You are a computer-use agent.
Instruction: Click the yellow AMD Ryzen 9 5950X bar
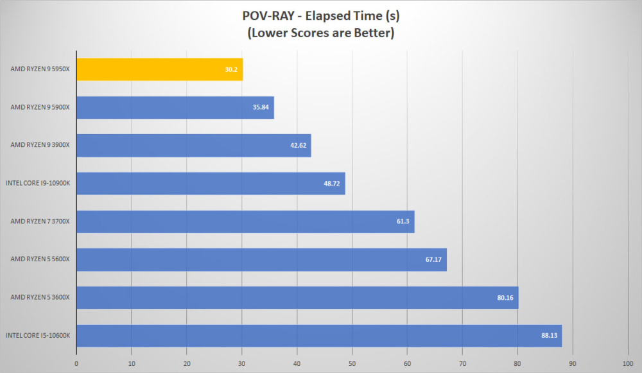click(x=160, y=69)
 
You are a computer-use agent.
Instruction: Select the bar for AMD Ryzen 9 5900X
click(x=175, y=107)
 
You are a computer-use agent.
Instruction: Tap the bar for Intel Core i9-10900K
click(x=211, y=184)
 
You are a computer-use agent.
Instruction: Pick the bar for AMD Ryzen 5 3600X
click(x=298, y=297)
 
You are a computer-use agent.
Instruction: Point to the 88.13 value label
click(x=549, y=335)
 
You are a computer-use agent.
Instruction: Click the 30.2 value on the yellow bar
click(x=231, y=69)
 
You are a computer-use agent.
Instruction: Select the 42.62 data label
click(x=298, y=145)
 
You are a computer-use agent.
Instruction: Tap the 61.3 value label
click(x=403, y=221)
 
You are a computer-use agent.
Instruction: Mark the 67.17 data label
click(x=433, y=259)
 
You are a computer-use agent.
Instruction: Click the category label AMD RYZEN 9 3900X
click(x=40, y=145)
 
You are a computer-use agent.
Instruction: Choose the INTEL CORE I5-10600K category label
click(x=38, y=335)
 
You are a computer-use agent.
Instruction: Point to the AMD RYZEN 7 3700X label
click(x=40, y=221)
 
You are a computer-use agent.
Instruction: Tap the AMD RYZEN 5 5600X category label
click(x=40, y=259)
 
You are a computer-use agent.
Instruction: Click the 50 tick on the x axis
click(x=352, y=363)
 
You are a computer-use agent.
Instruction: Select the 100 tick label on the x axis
click(x=628, y=363)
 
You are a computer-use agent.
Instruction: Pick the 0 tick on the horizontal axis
click(x=76, y=363)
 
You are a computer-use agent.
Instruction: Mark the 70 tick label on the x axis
click(x=462, y=363)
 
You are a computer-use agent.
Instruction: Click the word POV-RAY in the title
click(x=268, y=15)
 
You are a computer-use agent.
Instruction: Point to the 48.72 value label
click(x=332, y=184)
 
